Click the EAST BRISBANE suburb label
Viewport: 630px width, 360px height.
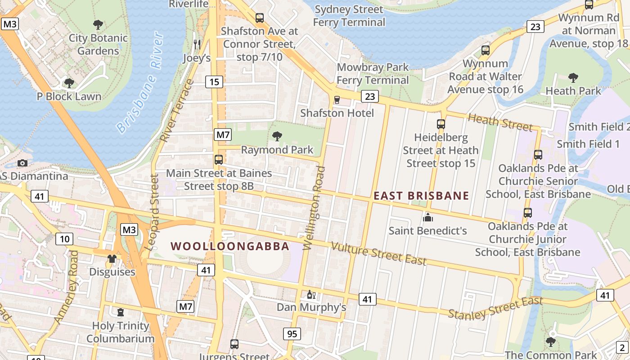click(x=422, y=196)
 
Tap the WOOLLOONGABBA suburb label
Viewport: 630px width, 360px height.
click(x=230, y=246)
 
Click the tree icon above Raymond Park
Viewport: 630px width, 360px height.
click(x=277, y=136)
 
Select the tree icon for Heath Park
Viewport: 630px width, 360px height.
click(x=573, y=77)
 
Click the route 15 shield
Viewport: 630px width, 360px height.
click(x=214, y=82)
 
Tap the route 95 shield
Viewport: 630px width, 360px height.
click(x=292, y=334)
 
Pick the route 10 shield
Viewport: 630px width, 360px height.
click(x=64, y=238)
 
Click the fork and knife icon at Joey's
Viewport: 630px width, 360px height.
click(x=197, y=44)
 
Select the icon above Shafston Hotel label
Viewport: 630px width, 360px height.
click(x=337, y=99)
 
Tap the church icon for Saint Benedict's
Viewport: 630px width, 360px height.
click(x=427, y=217)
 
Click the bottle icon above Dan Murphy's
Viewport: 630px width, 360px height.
click(x=310, y=294)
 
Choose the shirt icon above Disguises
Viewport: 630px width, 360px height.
click(x=112, y=259)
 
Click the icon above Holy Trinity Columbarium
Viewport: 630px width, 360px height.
click(x=120, y=312)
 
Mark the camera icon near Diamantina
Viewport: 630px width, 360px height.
click(x=22, y=163)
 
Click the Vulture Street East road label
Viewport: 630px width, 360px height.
click(x=378, y=253)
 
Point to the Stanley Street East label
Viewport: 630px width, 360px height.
click(x=495, y=308)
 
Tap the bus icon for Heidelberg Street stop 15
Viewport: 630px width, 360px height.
click(x=441, y=124)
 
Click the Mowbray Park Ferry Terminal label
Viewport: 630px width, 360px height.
click(x=373, y=74)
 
